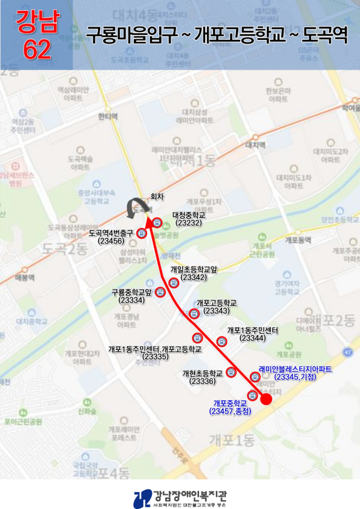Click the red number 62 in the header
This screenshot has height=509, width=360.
click(x=36, y=51)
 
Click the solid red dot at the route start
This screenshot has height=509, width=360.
click(x=266, y=400)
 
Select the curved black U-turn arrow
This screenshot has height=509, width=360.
click(x=131, y=209)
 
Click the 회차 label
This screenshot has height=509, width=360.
click(x=157, y=196)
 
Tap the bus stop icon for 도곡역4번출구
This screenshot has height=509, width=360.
click(x=142, y=233)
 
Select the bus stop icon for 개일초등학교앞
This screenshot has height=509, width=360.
click(x=174, y=282)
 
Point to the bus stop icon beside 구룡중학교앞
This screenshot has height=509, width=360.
click(x=160, y=293)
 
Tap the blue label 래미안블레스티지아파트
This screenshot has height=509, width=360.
click(x=295, y=368)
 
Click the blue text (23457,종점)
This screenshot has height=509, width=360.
click(x=230, y=411)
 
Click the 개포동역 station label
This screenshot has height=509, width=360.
click(x=297, y=240)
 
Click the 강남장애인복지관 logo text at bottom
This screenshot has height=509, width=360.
click(x=191, y=496)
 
